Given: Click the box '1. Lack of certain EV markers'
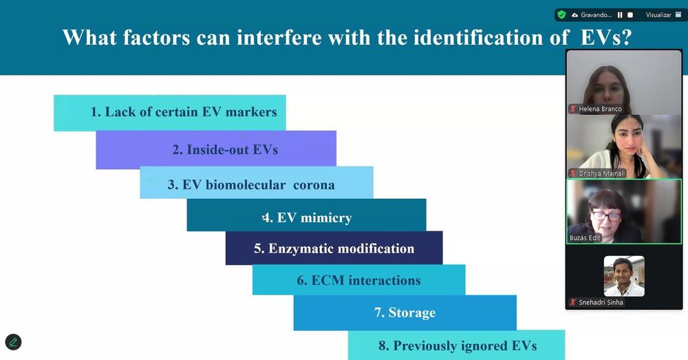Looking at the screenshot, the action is pos(170,113).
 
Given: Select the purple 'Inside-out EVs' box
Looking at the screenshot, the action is pos(216,149).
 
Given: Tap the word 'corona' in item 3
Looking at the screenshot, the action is pos(314,185).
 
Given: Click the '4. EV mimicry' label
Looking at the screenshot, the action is pos(307,218).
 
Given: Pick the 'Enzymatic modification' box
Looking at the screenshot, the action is pos(334,248).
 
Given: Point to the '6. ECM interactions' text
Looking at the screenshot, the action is pos(358,280).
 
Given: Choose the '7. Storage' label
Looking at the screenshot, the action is pos(405,313).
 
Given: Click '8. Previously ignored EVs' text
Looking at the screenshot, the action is pos(458,346).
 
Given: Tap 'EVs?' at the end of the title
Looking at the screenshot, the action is pos(606,37).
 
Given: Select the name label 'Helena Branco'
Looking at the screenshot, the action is pos(600,109).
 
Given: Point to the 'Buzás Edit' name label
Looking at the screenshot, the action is pos(585,237).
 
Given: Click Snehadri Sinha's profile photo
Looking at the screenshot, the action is pos(624,276).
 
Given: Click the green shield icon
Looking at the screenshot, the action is pos(561,15).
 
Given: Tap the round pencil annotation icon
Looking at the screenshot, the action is pos(13,342).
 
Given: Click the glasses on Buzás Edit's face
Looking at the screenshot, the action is pos(605,216).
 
